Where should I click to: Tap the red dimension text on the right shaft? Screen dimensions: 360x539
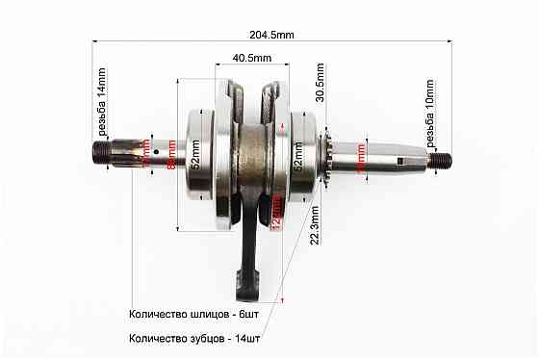(361, 154)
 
